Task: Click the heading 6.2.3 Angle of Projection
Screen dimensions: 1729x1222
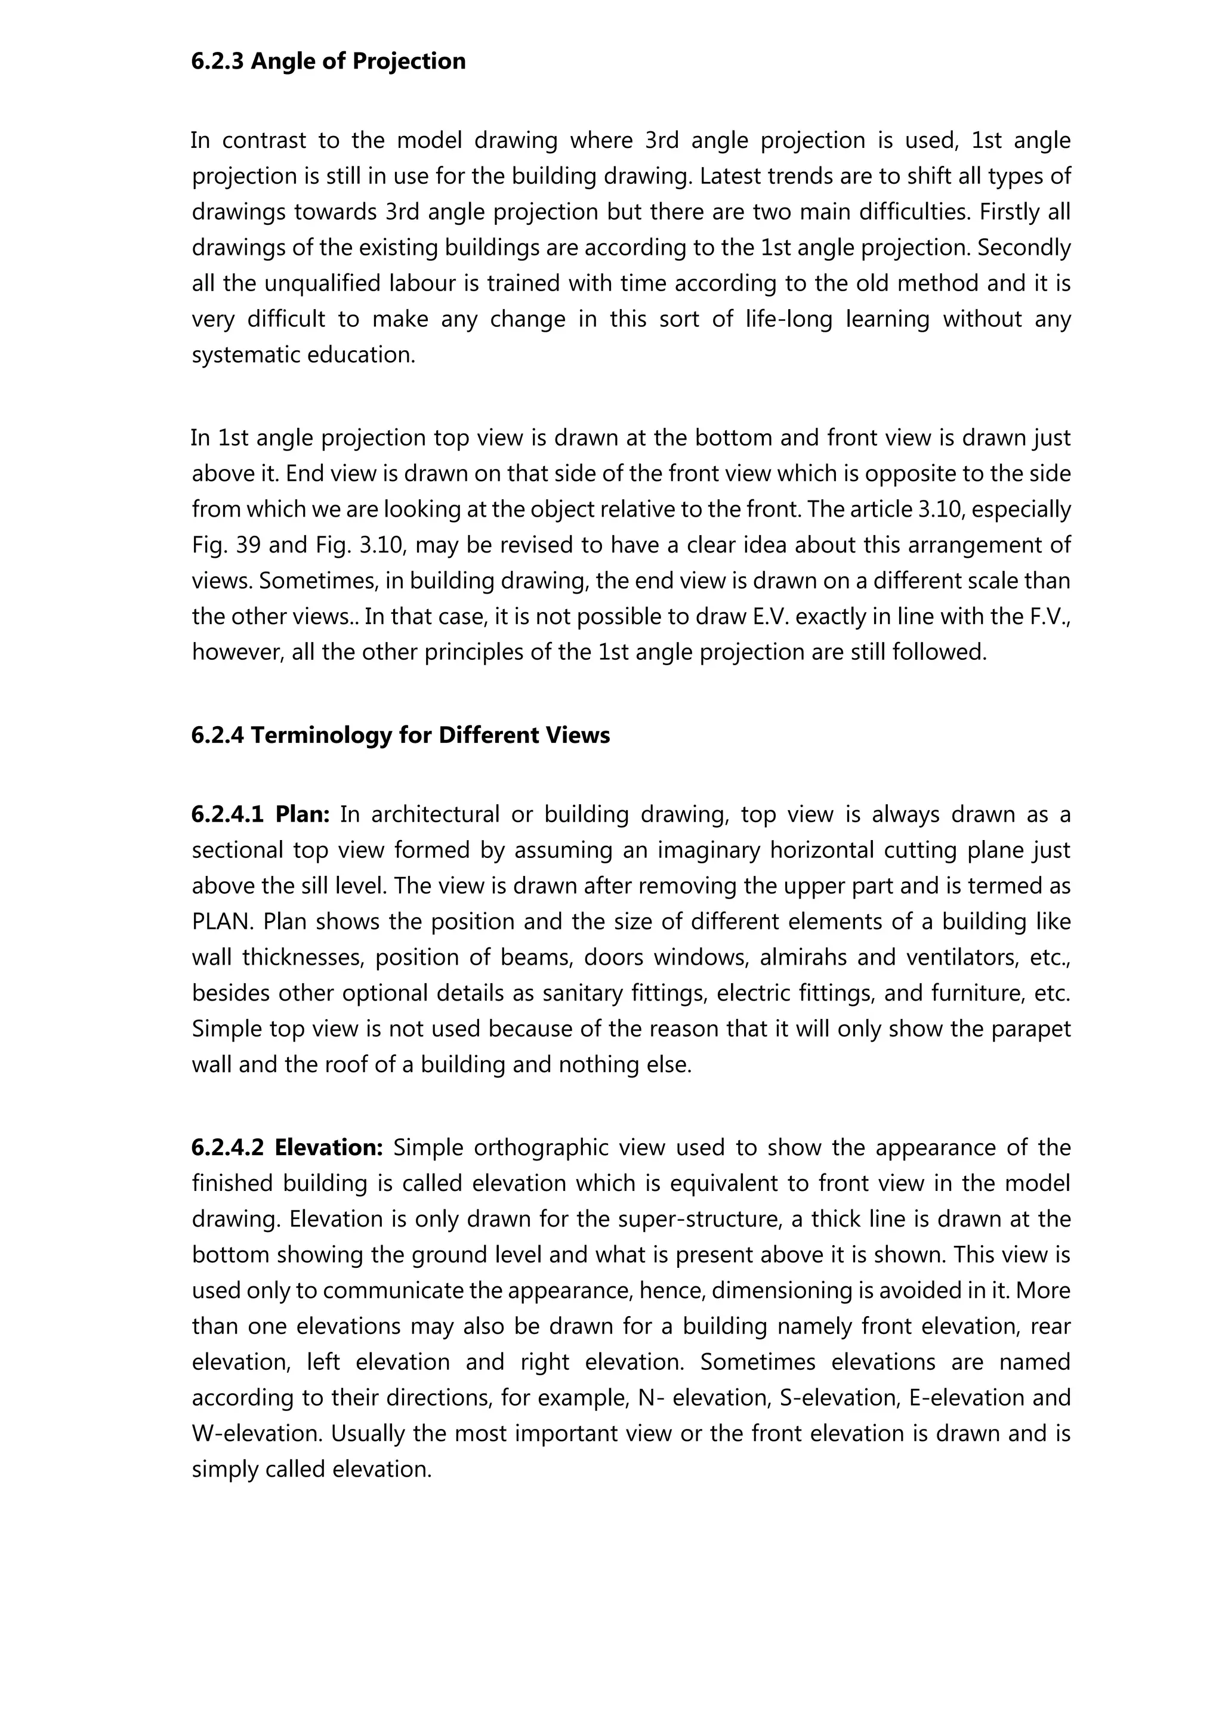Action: (x=328, y=61)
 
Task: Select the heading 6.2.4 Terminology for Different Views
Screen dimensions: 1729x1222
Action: (x=400, y=735)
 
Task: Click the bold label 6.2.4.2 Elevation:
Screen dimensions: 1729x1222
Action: (x=288, y=1148)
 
